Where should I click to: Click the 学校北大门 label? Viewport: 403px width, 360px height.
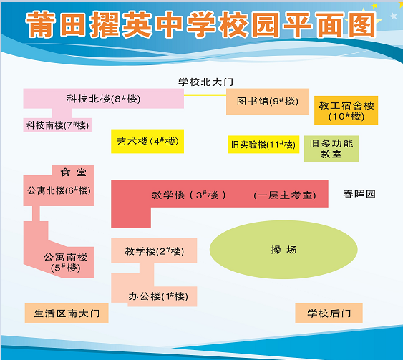click(206, 82)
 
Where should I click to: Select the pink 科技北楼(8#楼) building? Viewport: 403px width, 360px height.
click(104, 99)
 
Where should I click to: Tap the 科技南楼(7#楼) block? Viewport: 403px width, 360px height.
click(57, 125)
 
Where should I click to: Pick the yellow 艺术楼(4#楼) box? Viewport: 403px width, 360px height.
click(147, 141)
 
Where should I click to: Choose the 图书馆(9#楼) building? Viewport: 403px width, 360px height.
click(268, 102)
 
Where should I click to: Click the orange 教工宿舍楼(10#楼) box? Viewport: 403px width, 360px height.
click(346, 110)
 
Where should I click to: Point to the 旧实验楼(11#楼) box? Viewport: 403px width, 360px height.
click(263, 145)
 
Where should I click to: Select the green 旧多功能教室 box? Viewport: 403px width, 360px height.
click(331, 149)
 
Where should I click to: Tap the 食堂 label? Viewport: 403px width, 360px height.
click(74, 172)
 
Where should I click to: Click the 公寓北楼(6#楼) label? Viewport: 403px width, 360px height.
click(59, 190)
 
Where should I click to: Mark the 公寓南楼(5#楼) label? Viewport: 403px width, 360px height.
click(66, 262)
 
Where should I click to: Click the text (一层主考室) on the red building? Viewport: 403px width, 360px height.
click(284, 195)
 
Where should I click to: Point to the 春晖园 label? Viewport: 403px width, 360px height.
click(359, 194)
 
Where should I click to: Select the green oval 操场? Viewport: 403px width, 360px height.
click(283, 250)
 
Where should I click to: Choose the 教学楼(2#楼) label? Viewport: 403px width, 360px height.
click(154, 251)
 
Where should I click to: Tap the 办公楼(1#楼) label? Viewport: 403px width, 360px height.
click(158, 296)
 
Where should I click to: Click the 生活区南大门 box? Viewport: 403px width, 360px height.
click(67, 313)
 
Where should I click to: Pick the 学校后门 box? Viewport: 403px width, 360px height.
click(329, 313)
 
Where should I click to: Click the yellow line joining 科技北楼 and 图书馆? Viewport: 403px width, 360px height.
click(205, 95)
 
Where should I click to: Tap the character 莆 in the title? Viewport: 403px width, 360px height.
click(41, 24)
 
